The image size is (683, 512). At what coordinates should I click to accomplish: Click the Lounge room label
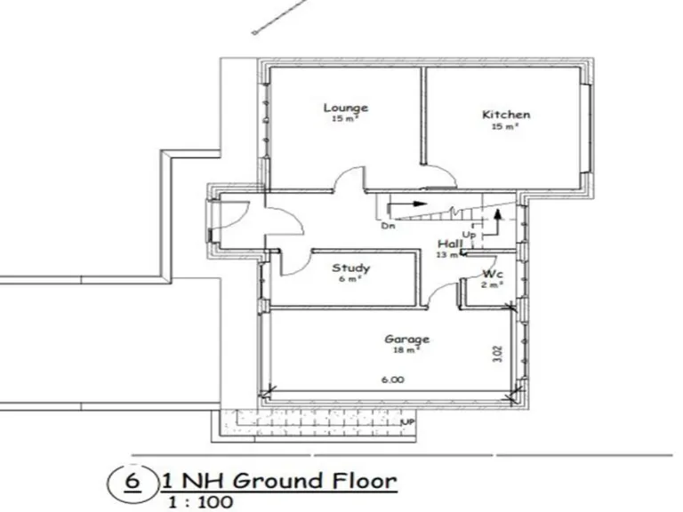(345, 108)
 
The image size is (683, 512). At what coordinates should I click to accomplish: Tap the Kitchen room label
(506, 115)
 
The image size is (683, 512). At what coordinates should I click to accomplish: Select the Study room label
(350, 268)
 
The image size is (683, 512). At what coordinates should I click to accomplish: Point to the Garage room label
(407, 339)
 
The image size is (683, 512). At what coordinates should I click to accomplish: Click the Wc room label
(494, 274)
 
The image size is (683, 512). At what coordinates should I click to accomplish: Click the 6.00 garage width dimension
(393, 380)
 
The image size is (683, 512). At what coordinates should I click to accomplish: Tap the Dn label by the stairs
(388, 227)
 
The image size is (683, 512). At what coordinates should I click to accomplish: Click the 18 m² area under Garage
(407, 350)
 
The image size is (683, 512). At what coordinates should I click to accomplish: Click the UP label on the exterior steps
(408, 421)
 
